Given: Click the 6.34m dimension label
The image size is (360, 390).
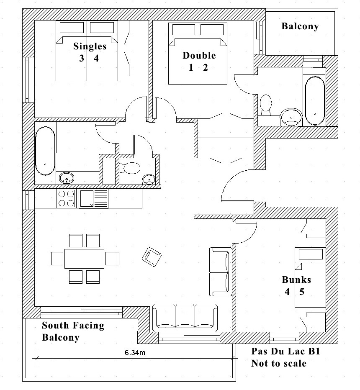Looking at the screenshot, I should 135,353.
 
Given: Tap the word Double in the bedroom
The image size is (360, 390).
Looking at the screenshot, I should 199,56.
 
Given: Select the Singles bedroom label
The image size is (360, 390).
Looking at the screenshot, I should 90,46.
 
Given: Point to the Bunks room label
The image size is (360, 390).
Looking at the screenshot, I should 296,280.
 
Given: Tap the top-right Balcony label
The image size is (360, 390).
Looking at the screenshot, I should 300,26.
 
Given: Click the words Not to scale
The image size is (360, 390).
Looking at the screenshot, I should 278,363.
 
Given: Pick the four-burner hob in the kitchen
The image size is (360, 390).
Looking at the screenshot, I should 66,198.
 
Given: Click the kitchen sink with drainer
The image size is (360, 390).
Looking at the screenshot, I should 93,198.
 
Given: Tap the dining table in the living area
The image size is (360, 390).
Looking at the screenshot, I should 84,259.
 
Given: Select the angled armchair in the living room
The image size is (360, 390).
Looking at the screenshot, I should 152,256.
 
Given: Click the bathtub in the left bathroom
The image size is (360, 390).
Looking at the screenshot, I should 45,151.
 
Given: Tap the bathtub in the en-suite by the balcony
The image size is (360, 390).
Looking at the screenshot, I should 314,100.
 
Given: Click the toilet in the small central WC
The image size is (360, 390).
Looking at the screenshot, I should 131,168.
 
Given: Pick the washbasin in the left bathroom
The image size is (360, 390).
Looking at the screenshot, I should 66,179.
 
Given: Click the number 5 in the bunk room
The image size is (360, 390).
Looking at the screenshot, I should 301,292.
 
